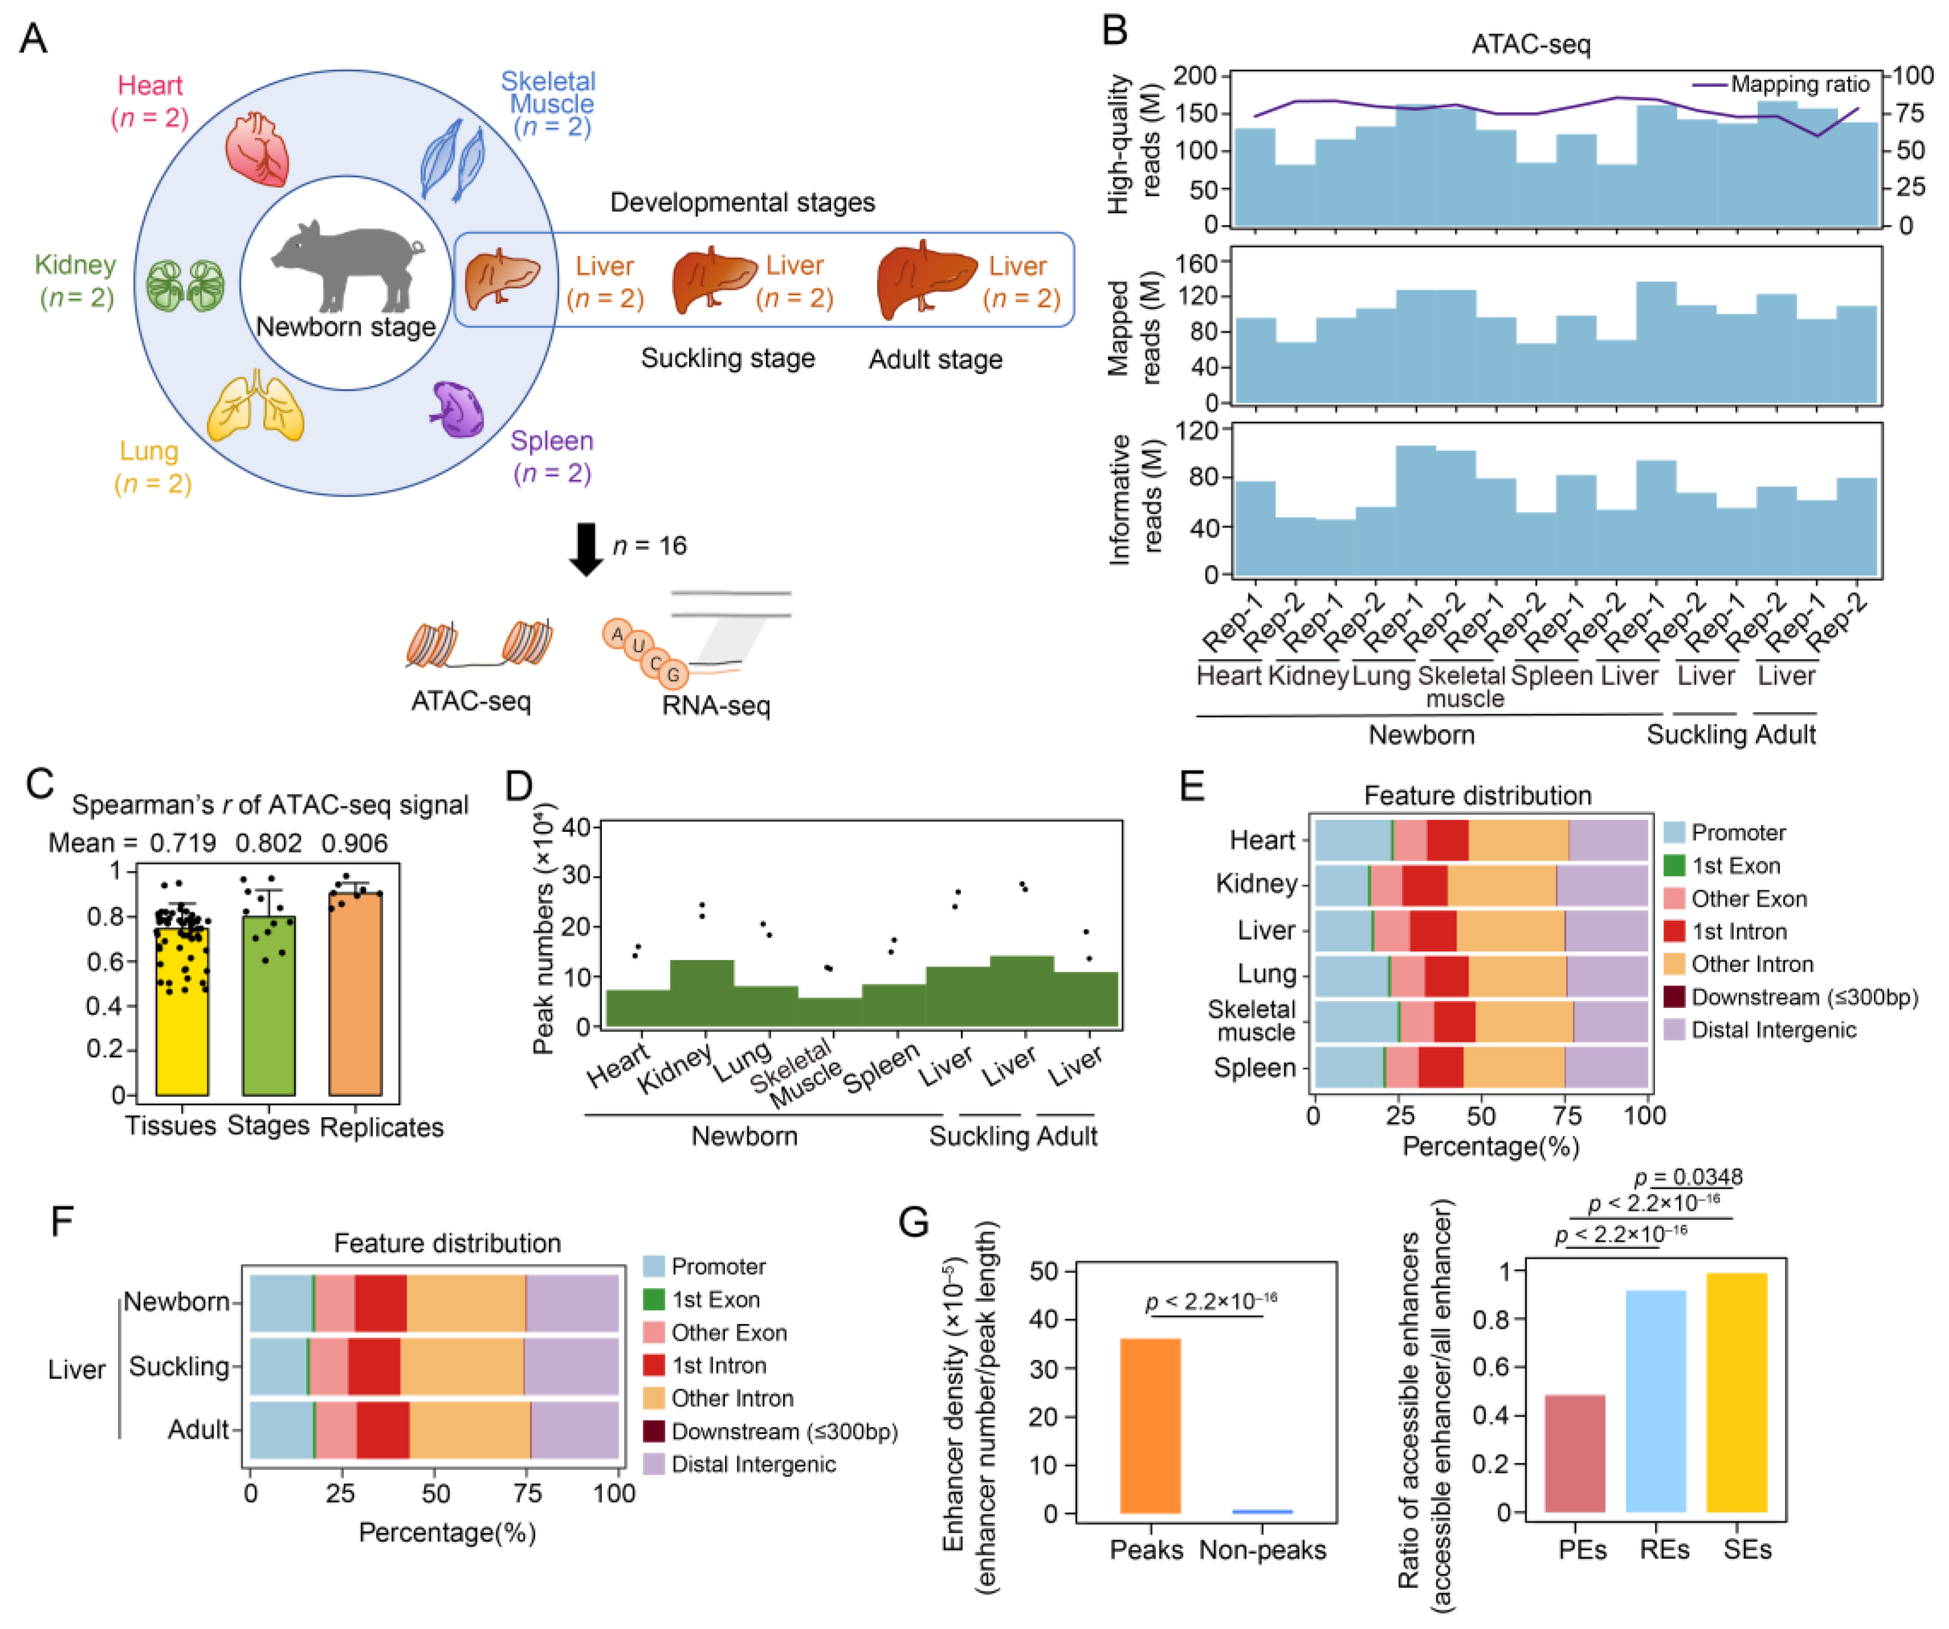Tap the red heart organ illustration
pyautogui.click(x=256, y=149)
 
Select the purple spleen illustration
pyautogui.click(x=457, y=408)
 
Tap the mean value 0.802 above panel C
pyautogui.click(x=268, y=843)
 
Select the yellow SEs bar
pyautogui.click(x=1737, y=1392)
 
